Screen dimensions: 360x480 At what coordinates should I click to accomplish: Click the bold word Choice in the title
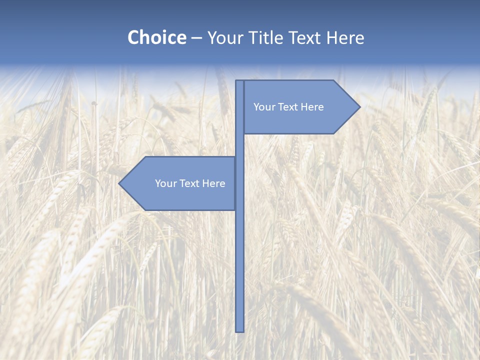pos(156,37)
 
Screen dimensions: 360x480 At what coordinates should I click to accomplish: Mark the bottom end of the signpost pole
pos(240,330)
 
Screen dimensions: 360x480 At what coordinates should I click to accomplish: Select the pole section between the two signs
pos(240,145)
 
